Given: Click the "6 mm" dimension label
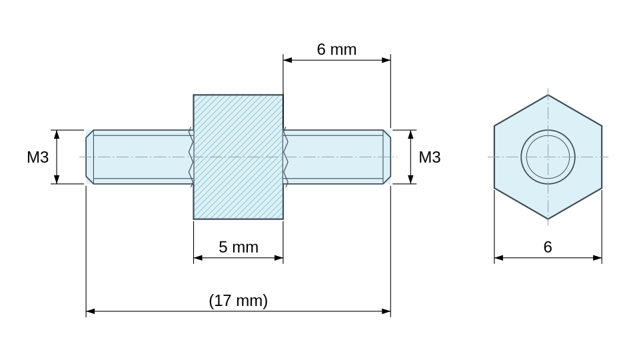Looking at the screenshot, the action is pos(336,49).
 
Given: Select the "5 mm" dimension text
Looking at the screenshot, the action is pos(239,247).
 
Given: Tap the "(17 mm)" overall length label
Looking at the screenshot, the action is pos(239,301).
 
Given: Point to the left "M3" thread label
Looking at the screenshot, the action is pos(38,157).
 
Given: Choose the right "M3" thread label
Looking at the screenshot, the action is pos(429,157).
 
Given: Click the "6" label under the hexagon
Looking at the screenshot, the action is pos(548,247).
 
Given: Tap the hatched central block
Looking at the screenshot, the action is pos(238,157).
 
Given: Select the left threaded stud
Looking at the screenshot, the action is pos(139,157).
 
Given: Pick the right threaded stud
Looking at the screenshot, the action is pos(337,157).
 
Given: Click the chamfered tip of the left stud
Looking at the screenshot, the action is pos(89,157).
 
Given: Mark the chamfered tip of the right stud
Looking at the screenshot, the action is pos(387,157).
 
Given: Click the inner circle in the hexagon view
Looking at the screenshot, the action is pos(548,135).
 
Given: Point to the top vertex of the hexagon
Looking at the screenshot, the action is pos(548,95).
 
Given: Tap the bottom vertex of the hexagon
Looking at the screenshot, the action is pos(548,219).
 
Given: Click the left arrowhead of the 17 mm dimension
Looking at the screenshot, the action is pos(90,311).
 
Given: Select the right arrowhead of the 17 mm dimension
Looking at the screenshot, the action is pos(386,311).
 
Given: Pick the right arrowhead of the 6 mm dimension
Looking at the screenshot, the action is pos(386,60).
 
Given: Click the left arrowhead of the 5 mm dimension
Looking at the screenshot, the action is pos(198,257).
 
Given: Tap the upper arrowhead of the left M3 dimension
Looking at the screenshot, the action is pos(57,135).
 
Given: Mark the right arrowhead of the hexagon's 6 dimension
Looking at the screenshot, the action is pos(598,257).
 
